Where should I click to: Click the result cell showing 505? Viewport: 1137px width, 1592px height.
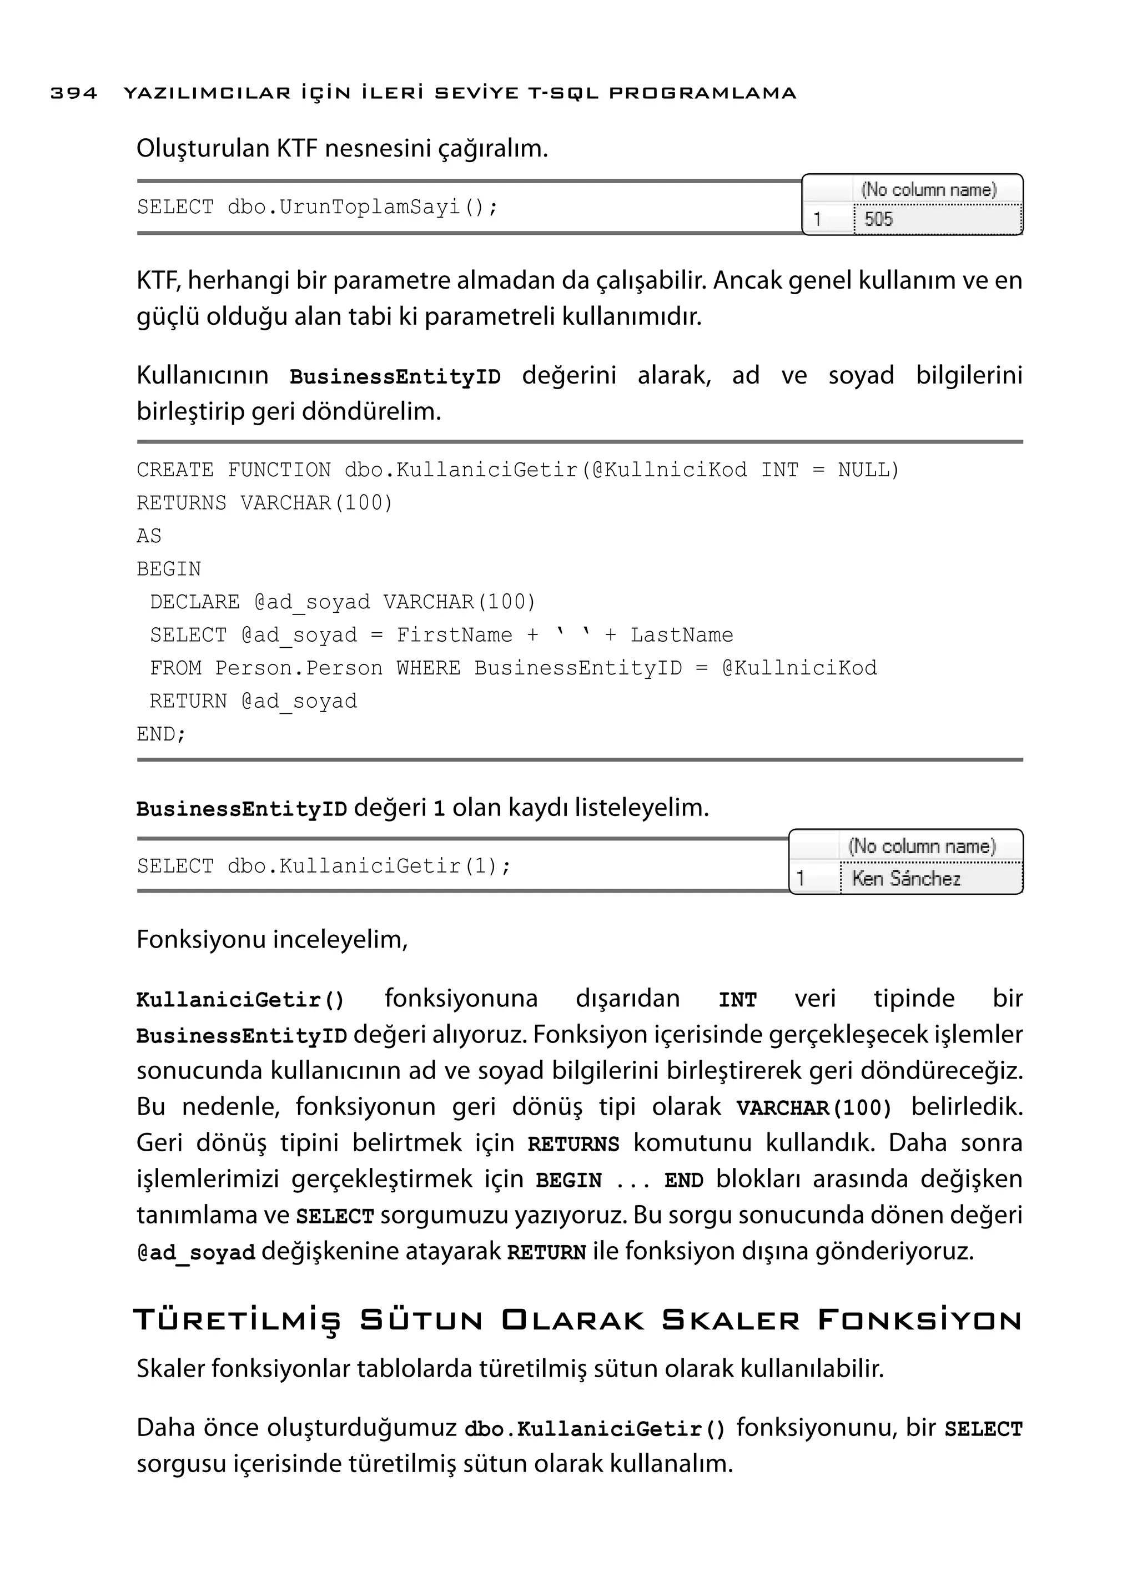click(937, 219)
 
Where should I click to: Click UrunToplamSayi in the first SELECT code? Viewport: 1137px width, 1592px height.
click(370, 207)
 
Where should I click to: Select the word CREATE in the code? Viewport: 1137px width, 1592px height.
click(175, 470)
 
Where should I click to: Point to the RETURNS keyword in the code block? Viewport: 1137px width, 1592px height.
click(182, 503)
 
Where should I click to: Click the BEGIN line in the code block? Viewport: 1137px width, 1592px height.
click(169, 569)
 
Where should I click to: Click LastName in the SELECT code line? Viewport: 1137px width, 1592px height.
click(681, 635)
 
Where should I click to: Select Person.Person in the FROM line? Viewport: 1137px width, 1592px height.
click(299, 668)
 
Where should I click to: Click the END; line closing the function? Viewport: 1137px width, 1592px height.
click(161, 734)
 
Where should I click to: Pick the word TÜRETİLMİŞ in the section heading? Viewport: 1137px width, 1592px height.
click(237, 1321)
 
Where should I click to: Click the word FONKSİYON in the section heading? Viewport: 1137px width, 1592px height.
click(919, 1321)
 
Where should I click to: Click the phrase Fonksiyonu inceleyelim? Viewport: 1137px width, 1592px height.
click(271, 940)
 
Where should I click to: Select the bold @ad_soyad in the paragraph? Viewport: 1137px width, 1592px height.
click(196, 1252)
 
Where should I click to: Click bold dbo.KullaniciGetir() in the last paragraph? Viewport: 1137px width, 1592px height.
click(595, 1429)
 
